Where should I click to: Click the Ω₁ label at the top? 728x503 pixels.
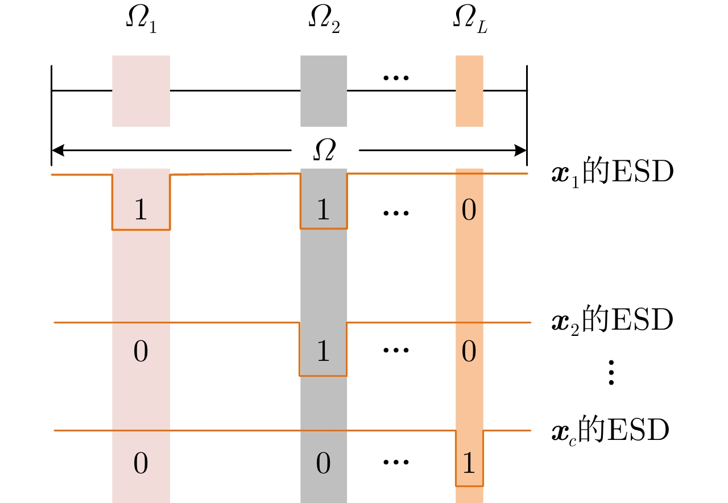140,22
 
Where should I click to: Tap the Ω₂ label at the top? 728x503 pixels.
324,22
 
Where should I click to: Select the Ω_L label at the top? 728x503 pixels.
469,22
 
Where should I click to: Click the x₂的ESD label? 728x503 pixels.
613,321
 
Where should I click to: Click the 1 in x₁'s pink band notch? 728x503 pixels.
140,210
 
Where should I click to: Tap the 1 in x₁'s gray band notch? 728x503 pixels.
323,210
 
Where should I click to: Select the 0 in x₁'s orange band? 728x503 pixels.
469,210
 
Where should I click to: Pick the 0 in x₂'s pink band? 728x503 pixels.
140,352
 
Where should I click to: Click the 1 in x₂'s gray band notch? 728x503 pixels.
323,352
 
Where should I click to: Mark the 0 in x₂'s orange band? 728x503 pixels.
469,352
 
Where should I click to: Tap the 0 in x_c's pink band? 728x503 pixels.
140,464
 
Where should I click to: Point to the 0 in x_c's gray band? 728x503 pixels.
323,464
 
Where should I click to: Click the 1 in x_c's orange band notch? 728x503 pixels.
469,464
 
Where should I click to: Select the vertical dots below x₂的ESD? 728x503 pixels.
611,373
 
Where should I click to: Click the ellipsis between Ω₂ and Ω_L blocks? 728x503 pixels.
396,77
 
